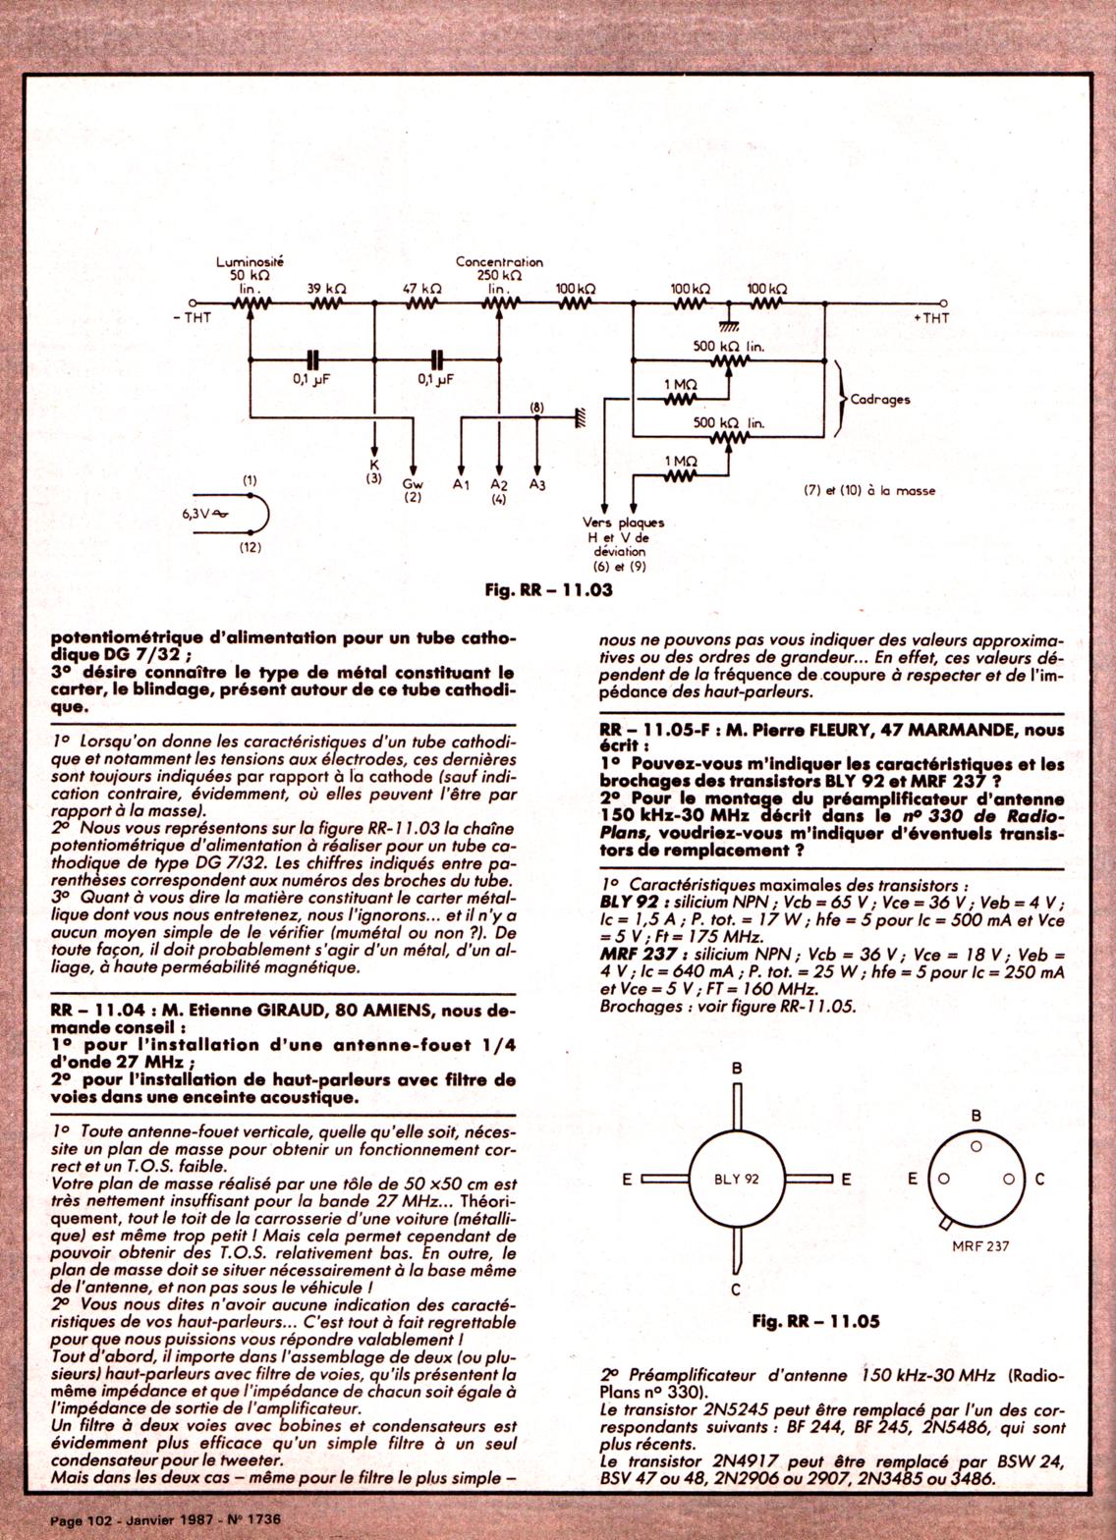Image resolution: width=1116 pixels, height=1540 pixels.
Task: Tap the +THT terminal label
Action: (931, 318)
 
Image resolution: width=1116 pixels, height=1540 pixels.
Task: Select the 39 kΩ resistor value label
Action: (326, 289)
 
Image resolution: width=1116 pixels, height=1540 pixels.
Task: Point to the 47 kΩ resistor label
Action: (421, 289)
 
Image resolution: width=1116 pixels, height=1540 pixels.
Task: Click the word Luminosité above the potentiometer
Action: (250, 262)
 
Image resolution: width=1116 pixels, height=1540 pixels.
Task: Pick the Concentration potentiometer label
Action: (499, 262)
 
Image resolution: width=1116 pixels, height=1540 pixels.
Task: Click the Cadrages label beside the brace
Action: (880, 400)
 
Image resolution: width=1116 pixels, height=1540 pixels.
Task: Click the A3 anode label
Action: (536, 484)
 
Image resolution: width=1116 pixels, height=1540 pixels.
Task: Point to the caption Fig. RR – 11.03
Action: (548, 589)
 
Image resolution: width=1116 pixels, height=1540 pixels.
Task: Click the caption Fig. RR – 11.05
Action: (815, 1321)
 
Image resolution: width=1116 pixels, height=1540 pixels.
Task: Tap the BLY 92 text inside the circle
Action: (736, 1179)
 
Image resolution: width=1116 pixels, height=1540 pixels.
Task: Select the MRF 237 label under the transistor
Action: (979, 1245)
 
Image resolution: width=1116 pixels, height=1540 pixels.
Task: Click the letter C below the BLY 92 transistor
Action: (735, 1290)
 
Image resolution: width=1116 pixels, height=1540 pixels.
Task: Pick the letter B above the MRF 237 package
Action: (976, 1116)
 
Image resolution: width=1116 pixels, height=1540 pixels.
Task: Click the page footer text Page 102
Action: (82, 1519)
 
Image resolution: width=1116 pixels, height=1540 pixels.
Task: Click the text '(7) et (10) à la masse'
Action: (869, 490)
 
